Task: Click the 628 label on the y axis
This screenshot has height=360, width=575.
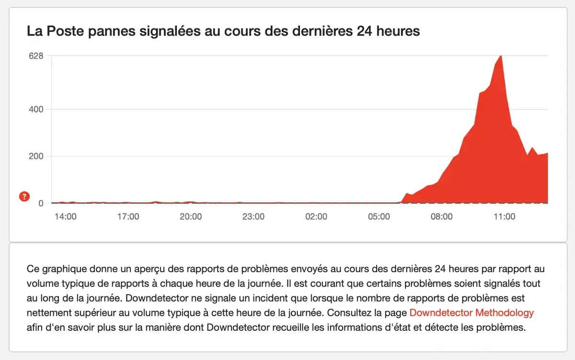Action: pyautogui.click(x=36, y=56)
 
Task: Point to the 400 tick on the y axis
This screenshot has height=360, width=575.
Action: pyautogui.click(x=36, y=109)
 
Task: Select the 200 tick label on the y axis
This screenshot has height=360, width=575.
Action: pyautogui.click(x=36, y=156)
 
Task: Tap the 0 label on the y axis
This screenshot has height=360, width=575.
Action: pyautogui.click(x=41, y=203)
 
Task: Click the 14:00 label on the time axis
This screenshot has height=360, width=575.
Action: pyautogui.click(x=66, y=217)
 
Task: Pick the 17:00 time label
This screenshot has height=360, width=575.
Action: pyautogui.click(x=128, y=217)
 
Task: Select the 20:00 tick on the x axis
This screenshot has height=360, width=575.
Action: pyautogui.click(x=191, y=217)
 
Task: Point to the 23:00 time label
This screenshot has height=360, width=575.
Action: pyautogui.click(x=253, y=217)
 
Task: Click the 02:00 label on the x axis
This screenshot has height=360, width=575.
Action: pyautogui.click(x=316, y=217)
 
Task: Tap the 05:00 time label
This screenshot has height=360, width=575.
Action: pyautogui.click(x=379, y=217)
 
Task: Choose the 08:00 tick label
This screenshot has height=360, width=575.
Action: pyautogui.click(x=441, y=217)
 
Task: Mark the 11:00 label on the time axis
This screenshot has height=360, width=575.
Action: pyautogui.click(x=504, y=217)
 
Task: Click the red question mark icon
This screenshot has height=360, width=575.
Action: pyautogui.click(x=24, y=196)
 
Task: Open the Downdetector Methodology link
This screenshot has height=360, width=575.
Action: pyautogui.click(x=471, y=313)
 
